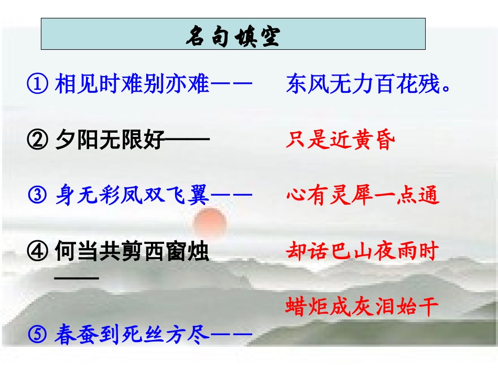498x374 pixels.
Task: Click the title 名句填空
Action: [233, 36]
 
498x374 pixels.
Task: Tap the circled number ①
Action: [37, 84]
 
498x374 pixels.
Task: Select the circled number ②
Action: [37, 140]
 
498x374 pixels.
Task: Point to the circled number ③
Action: [37, 196]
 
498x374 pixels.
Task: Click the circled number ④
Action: [37, 252]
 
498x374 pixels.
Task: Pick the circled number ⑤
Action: [37, 335]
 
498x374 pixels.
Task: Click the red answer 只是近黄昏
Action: [340, 140]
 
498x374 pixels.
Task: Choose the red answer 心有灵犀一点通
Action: [362, 196]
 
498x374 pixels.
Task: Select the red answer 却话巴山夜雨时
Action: [362, 252]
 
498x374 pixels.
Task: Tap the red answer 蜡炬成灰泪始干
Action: [362, 307]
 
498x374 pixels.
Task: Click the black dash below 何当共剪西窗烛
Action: [77, 278]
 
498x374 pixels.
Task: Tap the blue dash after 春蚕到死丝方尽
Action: [231, 335]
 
